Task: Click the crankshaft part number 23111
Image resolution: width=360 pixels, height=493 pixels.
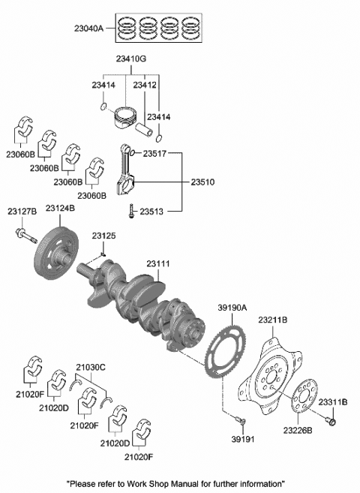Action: coord(158,264)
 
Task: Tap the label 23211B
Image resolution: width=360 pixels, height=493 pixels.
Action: coord(274,320)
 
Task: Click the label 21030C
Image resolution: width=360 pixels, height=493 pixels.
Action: coord(91,367)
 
